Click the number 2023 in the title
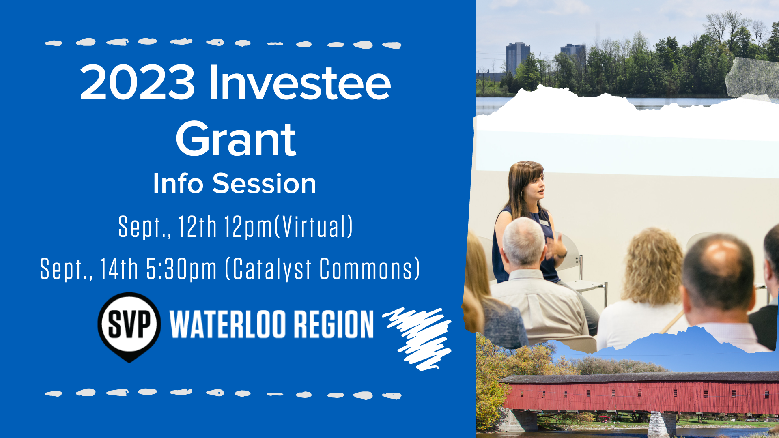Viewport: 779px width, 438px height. pyautogui.click(x=137, y=82)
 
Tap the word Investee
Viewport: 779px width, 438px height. pyautogui.click(x=299, y=82)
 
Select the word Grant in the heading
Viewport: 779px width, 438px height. pyautogui.click(x=236, y=139)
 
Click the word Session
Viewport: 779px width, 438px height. pyautogui.click(x=264, y=183)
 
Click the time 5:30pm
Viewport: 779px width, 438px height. pyautogui.click(x=181, y=268)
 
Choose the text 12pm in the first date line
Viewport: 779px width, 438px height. pyautogui.click(x=248, y=227)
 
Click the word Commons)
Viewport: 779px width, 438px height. pyautogui.click(x=370, y=268)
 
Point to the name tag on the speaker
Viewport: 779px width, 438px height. pyautogui.click(x=544, y=223)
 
